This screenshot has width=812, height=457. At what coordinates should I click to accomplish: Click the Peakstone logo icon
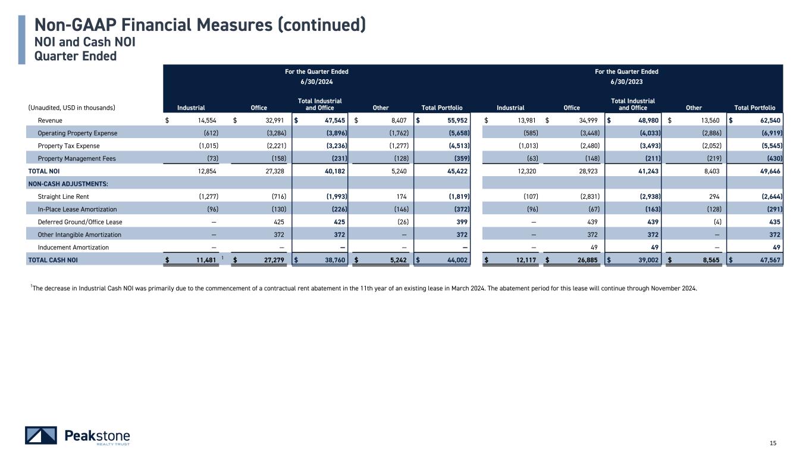point(41,436)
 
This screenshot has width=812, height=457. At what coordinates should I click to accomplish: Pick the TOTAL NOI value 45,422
point(453,171)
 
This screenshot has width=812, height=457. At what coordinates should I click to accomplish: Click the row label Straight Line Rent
point(61,196)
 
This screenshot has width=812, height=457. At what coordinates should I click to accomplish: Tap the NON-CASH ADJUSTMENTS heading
point(65,184)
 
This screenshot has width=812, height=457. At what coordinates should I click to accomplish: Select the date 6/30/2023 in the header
point(626,82)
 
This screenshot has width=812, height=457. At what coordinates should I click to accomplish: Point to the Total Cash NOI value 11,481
point(203,259)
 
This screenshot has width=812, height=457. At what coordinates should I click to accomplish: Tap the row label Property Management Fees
point(77,158)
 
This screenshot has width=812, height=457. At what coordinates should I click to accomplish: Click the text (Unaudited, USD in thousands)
point(71,108)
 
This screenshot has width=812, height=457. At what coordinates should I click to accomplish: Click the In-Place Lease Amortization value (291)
point(772,209)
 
